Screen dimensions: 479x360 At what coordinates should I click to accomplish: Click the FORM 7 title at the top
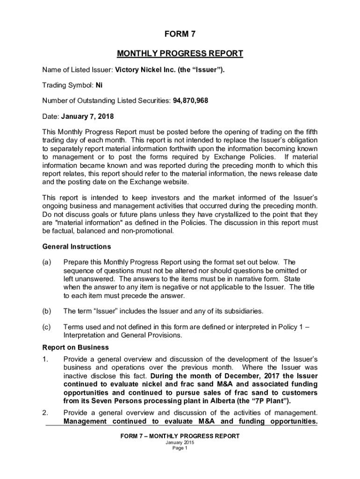pos(180,34)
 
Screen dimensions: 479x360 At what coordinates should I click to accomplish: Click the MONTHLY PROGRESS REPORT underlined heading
pos(180,53)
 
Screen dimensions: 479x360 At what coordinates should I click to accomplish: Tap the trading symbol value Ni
pos(99,86)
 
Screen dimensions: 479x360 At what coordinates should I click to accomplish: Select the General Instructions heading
pos(77,247)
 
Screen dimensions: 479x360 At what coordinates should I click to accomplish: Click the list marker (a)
pos(47,262)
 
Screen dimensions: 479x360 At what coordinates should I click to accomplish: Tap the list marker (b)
pos(47,311)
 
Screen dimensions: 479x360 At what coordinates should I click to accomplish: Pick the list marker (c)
pos(47,327)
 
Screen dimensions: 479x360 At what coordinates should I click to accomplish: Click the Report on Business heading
pos(75,348)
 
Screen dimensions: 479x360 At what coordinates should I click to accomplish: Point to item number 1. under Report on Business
pos(45,359)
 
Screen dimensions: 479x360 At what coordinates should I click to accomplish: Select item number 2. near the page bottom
pos(45,413)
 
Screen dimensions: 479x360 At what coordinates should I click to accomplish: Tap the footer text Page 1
pos(180,448)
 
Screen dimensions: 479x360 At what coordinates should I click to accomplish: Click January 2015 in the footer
pos(180,443)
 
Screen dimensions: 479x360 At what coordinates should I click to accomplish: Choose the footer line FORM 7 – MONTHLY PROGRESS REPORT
pos(180,436)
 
